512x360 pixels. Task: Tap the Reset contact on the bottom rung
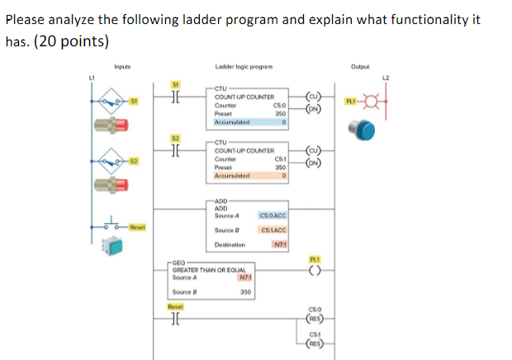coord(175,317)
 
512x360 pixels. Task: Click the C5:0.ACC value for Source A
coord(272,216)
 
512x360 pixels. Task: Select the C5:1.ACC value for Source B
coord(272,230)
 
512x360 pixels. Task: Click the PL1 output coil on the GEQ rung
coord(315,268)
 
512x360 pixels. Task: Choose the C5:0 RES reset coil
coord(315,318)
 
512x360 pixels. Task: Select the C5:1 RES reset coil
coord(315,339)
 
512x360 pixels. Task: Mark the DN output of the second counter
coord(314,162)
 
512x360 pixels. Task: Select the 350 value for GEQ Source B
coord(245,291)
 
